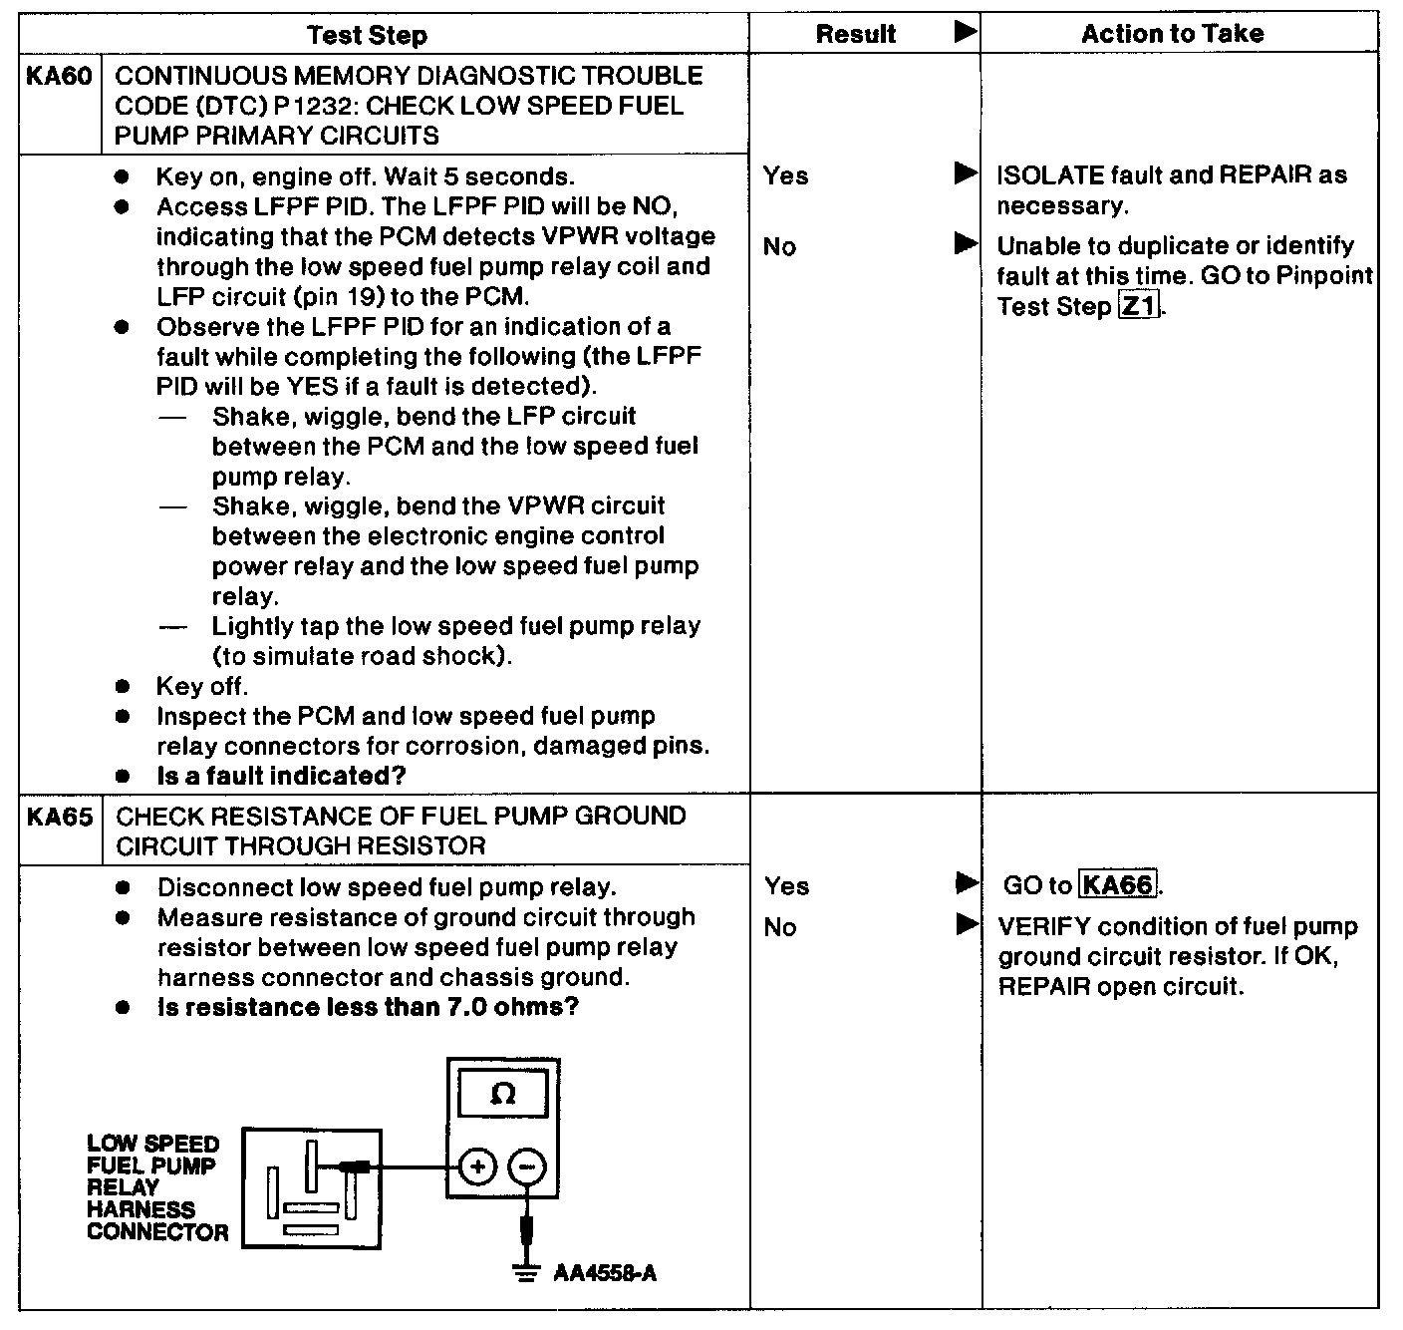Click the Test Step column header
point(367,35)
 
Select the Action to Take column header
point(1172,34)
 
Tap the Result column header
point(855,34)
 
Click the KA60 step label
point(59,77)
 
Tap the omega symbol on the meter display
point(503,1095)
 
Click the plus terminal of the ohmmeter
point(478,1166)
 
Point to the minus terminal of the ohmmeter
point(528,1166)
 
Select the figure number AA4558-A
point(605,1274)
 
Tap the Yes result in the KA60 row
point(785,176)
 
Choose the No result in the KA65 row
point(780,928)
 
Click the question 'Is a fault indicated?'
point(282,776)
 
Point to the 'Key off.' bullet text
point(202,686)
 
